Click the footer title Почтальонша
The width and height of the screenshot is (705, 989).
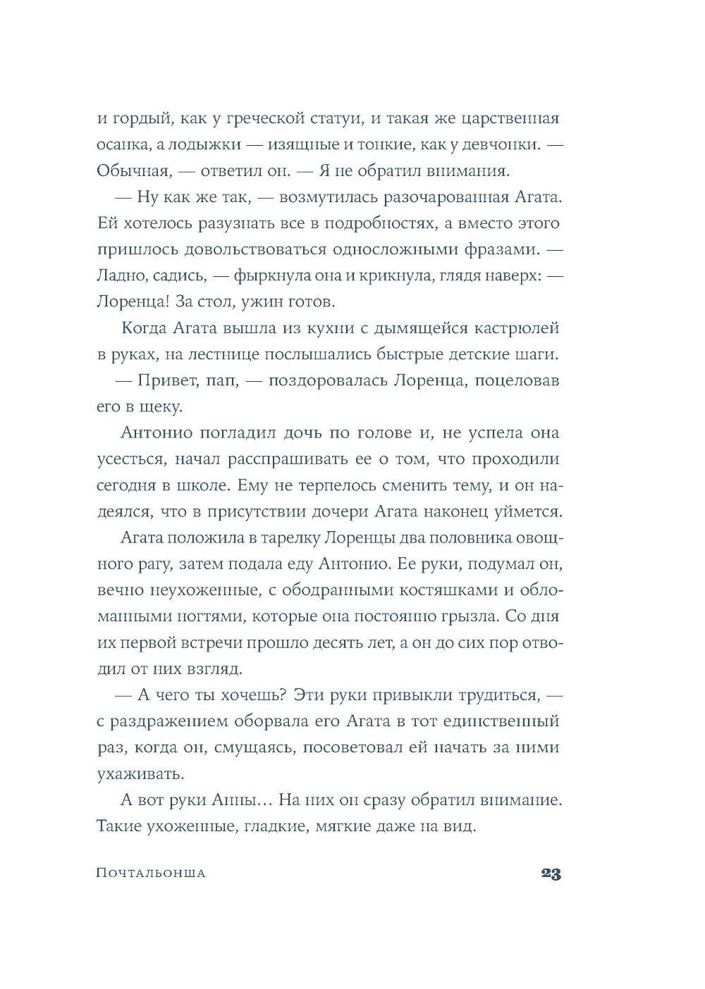coord(150,873)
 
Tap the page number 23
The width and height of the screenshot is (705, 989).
coord(551,873)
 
